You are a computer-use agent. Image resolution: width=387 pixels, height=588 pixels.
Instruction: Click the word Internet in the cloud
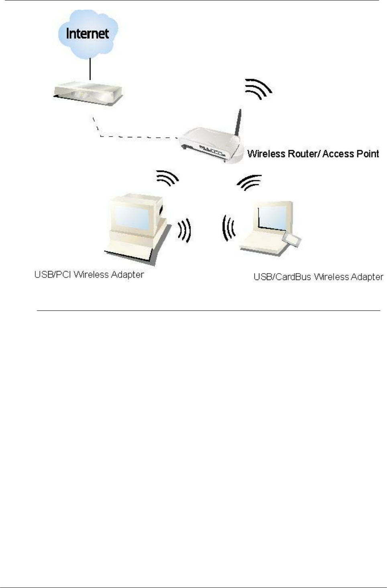(x=87, y=33)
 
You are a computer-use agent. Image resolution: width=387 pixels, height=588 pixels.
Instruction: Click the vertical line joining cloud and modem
(x=90, y=69)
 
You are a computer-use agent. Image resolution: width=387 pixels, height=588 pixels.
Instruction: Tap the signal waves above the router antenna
(x=259, y=89)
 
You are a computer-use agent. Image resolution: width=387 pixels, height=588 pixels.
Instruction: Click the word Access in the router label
(x=336, y=154)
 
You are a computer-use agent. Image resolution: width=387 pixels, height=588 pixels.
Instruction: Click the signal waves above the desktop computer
(x=167, y=178)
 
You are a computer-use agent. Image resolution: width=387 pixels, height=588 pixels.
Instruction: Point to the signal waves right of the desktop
(x=185, y=231)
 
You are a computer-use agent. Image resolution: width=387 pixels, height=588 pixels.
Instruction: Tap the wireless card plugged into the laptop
(x=292, y=240)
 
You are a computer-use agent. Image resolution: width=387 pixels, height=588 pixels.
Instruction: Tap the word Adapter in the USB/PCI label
(x=127, y=275)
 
